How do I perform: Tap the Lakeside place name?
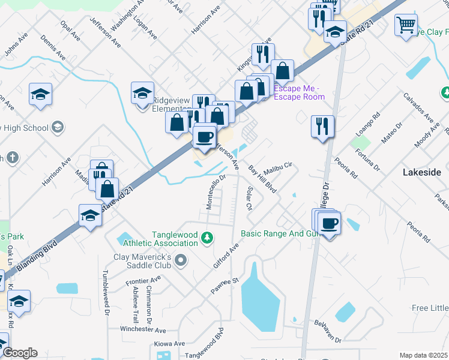tap(421, 172)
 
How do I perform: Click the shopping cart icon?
tap(406, 25)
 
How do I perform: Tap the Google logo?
tap(20, 353)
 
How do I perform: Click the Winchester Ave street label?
tap(143, 330)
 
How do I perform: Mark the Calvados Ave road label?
tap(418, 107)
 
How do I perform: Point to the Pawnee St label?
tap(224, 284)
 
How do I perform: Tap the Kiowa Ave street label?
tap(169, 344)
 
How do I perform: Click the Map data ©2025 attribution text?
tap(424, 355)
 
